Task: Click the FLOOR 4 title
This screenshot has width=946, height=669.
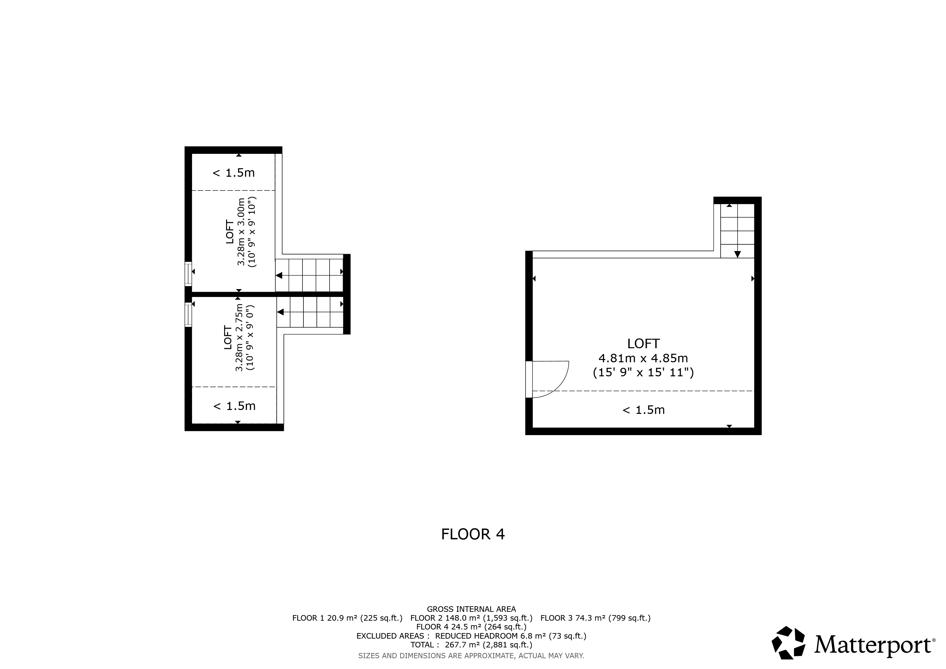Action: [x=473, y=534]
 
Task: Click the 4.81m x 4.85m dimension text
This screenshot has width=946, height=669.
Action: [x=643, y=358]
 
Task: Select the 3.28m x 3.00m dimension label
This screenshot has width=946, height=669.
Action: [x=241, y=232]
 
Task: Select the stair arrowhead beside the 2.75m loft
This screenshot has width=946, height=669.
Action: [x=281, y=312]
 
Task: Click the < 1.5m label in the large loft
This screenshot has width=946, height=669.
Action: [x=644, y=410]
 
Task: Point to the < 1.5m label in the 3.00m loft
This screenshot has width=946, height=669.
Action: [x=234, y=172]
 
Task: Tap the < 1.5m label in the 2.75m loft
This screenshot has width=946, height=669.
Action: [x=235, y=406]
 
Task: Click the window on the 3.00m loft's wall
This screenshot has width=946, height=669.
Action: [x=188, y=273]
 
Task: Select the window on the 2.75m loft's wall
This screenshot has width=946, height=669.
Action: [x=188, y=315]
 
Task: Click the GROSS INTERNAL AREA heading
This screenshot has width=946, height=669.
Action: [x=471, y=609]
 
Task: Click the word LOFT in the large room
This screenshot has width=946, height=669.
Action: [x=644, y=344]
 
